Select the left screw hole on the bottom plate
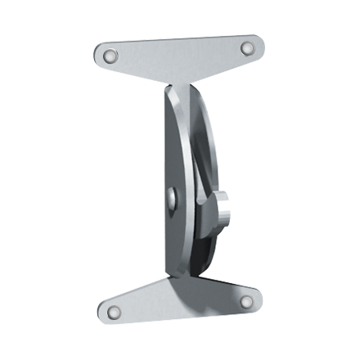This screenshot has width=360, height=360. pos(112,310)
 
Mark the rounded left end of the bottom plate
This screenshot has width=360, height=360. pos(102,310)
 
